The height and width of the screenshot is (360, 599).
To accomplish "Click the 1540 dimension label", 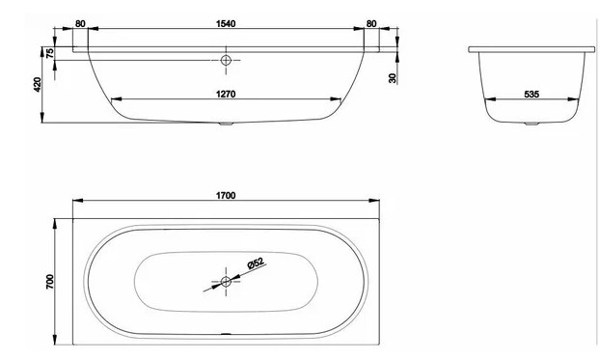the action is (x=226, y=24).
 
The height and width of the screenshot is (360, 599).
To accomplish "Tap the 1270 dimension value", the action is (x=226, y=94).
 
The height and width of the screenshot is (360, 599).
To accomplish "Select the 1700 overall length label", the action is (x=226, y=196).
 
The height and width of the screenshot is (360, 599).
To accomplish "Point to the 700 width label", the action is (x=50, y=282).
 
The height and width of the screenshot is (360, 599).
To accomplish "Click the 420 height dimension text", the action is (x=38, y=85).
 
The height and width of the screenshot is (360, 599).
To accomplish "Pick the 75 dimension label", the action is (x=50, y=53).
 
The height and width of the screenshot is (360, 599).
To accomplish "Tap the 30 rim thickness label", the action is (x=393, y=78).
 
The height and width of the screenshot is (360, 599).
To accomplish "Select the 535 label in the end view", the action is (x=531, y=94).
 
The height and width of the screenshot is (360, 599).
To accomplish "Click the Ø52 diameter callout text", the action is (x=256, y=263).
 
